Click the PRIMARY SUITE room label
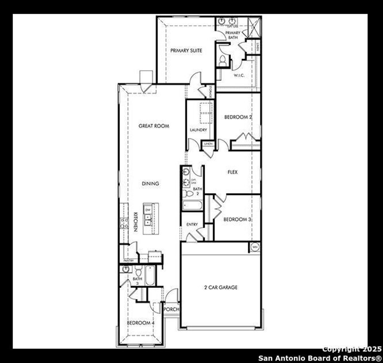click(x=186, y=51)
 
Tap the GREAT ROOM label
click(x=154, y=126)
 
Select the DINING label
click(x=151, y=183)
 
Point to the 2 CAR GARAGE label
click(x=221, y=287)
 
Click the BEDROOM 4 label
click(x=141, y=323)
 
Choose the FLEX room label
click(x=232, y=172)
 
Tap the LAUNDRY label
click(x=198, y=130)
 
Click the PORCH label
click(x=172, y=309)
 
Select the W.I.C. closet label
click(x=239, y=75)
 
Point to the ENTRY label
click(x=192, y=224)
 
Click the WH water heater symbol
click(x=255, y=247)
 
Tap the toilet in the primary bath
click(x=223, y=61)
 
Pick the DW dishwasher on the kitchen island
click(x=148, y=210)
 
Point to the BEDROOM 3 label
click(x=237, y=219)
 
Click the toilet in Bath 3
click(x=138, y=272)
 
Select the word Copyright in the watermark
click(x=341, y=349)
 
